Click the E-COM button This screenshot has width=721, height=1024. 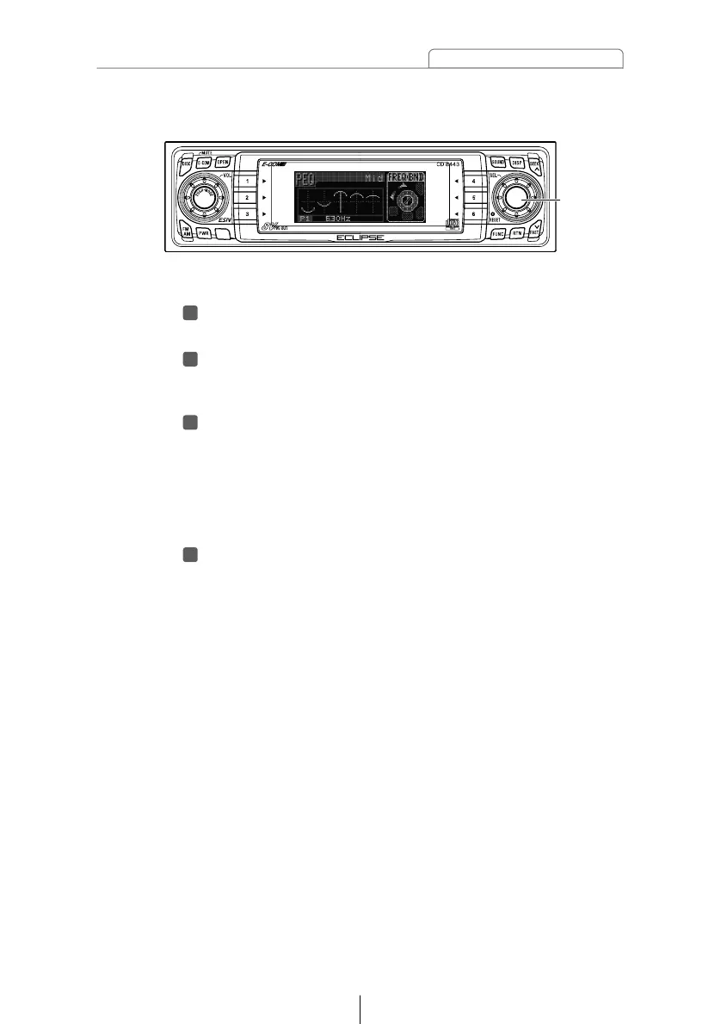[205, 162]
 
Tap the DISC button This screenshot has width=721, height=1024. [187, 163]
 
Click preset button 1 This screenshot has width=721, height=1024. [248, 182]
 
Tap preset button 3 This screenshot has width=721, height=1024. [248, 213]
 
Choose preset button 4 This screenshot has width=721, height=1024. [474, 182]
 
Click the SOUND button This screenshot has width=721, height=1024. [498, 162]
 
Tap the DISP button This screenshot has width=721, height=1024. [517, 162]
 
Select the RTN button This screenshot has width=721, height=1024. [517, 233]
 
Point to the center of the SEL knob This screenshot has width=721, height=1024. [516, 197]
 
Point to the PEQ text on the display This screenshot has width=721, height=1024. [306, 180]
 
